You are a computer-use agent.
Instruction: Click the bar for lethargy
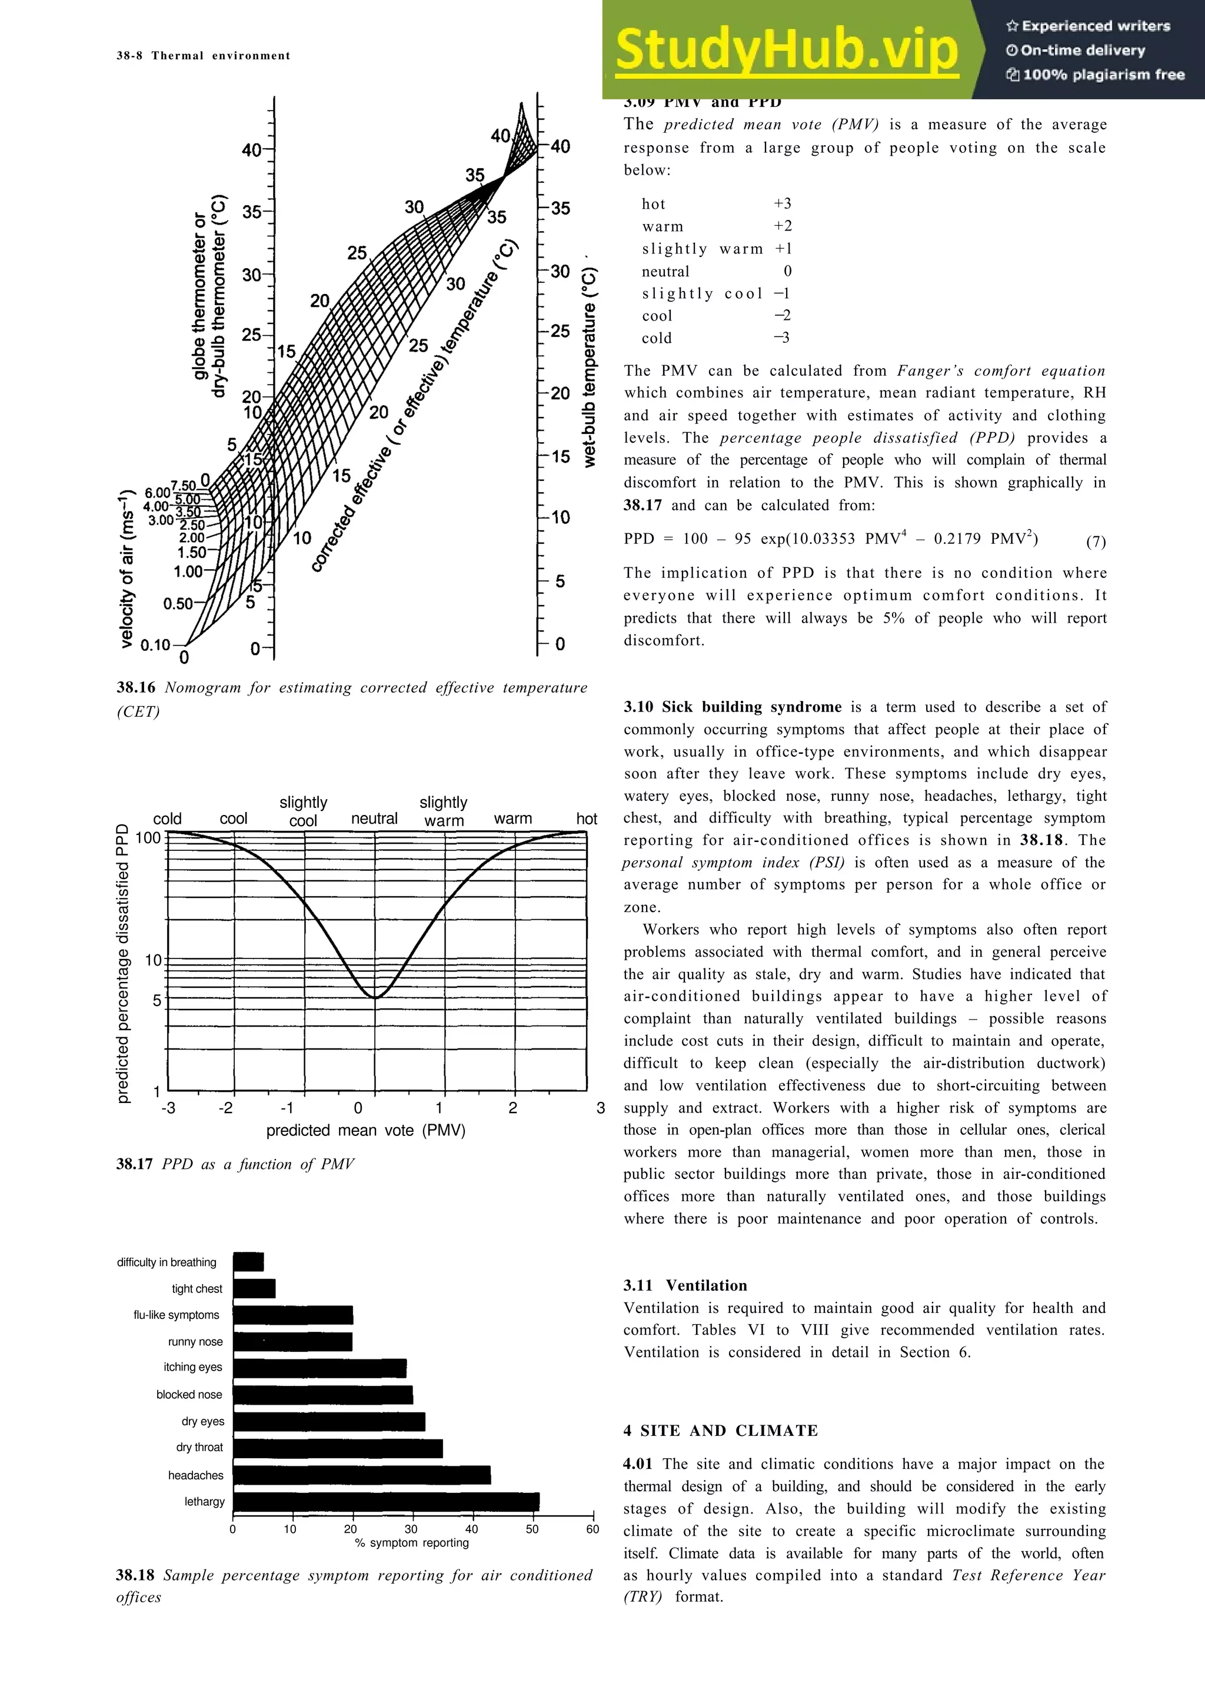tap(386, 1501)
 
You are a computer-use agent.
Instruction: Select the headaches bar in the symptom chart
tap(362, 1475)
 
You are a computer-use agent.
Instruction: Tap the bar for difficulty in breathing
tap(248, 1262)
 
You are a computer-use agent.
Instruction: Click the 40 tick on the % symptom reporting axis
tap(471, 1528)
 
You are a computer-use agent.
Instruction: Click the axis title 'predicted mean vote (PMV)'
tap(365, 1130)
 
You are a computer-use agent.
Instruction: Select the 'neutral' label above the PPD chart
tap(374, 818)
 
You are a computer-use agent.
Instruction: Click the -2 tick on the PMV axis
tap(226, 1108)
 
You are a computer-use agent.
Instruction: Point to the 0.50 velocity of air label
tap(178, 603)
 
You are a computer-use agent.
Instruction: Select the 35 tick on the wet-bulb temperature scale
tap(560, 209)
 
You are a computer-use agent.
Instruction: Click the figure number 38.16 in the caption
tap(136, 687)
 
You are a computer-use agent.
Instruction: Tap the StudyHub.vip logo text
tap(786, 49)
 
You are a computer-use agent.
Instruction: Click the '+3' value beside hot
tap(782, 203)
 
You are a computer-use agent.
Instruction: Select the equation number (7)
tap(1095, 541)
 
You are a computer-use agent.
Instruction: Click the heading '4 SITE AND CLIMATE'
tap(720, 1430)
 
